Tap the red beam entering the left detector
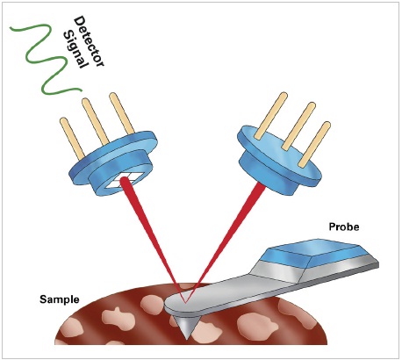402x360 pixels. click(149, 228)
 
